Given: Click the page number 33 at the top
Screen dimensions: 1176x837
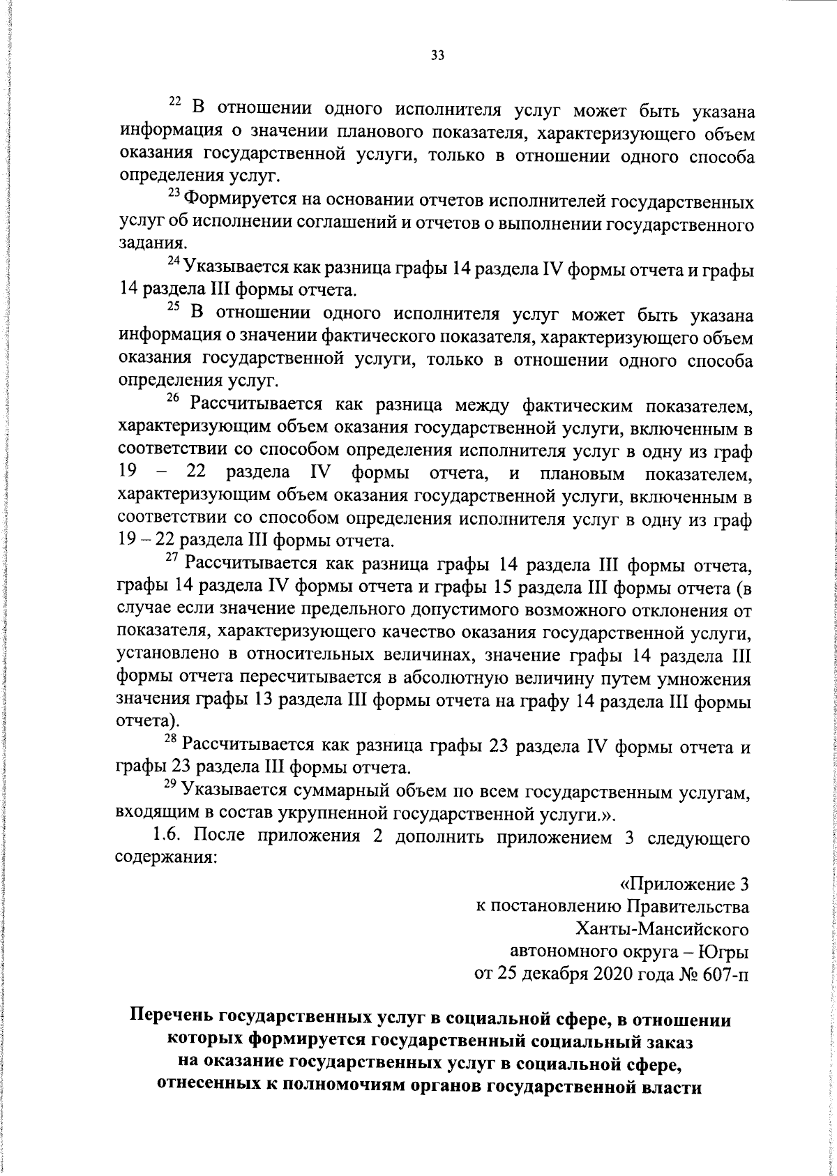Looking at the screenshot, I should pyautogui.click(x=438, y=56).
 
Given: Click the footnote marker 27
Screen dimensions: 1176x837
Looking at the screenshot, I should pyautogui.click(x=173, y=556).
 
